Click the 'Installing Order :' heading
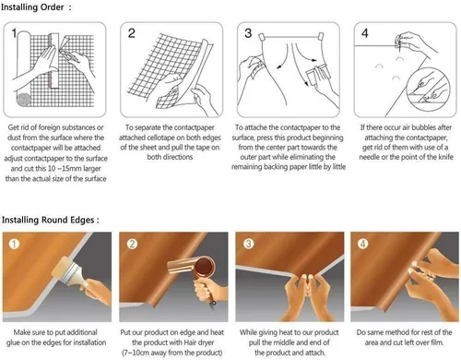36,7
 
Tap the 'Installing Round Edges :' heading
51,220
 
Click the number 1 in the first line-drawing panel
14,33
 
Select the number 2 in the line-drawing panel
132,33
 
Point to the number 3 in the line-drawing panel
248,33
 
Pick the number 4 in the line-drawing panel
365,33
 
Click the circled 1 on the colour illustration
14,244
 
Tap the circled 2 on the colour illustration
132,244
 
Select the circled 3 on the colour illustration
248,244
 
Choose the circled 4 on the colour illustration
363,244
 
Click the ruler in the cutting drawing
54,61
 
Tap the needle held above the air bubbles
398,43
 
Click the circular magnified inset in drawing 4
428,86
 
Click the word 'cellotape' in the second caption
162,138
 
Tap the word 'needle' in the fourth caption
370,157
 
